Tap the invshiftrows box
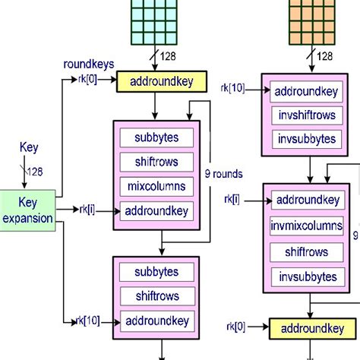coord(305,115)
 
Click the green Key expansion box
coord(27,210)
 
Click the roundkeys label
coord(88,65)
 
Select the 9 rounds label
coord(223,174)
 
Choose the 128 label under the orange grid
coord(324,55)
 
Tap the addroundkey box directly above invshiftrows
coord(305,91)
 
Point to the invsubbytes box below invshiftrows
coord(305,140)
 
